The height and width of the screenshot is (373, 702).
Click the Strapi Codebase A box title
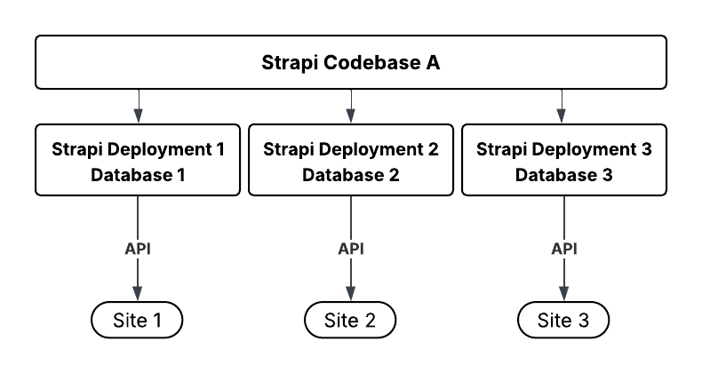coord(350,63)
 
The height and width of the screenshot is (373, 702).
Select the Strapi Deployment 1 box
coord(138,161)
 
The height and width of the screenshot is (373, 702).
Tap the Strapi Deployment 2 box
coord(351,161)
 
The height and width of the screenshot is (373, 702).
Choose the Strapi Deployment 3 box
coord(564,161)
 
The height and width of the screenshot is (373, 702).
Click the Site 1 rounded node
coord(138,320)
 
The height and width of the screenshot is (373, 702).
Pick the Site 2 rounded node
coord(351,320)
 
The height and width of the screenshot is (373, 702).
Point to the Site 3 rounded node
coord(564,320)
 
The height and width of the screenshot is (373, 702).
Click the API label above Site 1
coord(138,249)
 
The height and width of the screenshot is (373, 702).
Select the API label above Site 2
coord(351,249)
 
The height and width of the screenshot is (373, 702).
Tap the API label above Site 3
coord(564,249)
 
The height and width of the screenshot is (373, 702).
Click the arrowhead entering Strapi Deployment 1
coord(138,116)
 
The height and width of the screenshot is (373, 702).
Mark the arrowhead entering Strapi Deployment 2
coord(351,116)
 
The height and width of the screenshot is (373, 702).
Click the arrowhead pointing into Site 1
coord(138,295)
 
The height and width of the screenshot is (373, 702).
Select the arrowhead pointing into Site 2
coord(351,295)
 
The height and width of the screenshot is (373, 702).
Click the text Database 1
coord(138,175)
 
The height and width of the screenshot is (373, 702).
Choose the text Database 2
coord(351,175)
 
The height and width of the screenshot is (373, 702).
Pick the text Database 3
coord(564,175)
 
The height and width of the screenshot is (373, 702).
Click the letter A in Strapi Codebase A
coord(432,63)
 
